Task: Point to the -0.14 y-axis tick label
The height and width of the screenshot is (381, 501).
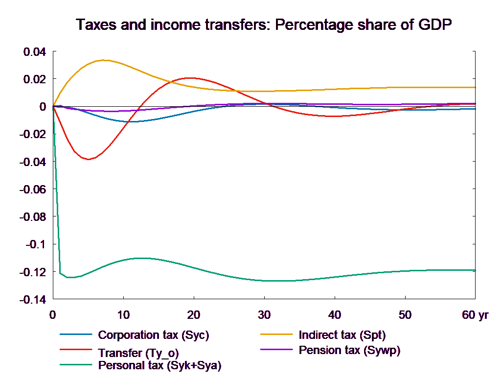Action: click(32, 299)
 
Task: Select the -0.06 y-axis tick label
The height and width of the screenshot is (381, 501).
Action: click(32, 189)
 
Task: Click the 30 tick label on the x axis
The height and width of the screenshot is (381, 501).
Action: click(264, 315)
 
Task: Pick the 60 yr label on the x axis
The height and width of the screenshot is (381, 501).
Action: click(475, 315)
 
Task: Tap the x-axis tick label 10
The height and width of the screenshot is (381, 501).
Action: click(123, 315)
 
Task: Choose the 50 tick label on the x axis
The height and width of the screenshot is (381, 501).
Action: click(405, 315)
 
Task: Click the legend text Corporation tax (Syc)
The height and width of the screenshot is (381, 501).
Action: click(154, 335)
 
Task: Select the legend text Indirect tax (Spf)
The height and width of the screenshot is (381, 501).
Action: click(342, 335)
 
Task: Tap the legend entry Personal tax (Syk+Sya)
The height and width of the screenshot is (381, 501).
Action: click(159, 365)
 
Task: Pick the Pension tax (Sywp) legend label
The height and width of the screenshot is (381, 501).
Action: click(349, 350)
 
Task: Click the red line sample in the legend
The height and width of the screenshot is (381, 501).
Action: click(76, 350)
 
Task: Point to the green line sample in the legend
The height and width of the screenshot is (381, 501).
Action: click(76, 365)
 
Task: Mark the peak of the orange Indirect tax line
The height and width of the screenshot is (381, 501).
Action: click(104, 60)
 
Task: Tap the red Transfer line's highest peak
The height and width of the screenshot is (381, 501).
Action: click(190, 78)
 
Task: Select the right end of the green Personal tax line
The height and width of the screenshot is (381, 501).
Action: click(475, 270)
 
